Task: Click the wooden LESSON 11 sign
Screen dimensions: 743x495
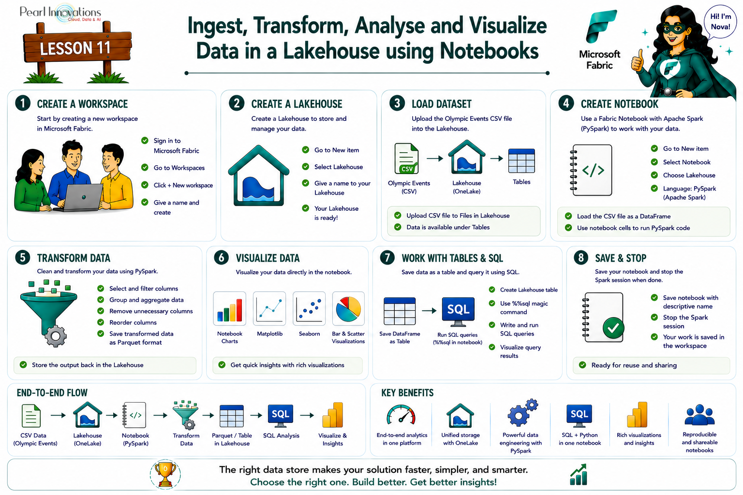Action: pos(77,48)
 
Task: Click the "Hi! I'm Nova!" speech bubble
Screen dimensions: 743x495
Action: pos(720,22)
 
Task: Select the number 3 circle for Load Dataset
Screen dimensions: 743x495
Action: pos(397,103)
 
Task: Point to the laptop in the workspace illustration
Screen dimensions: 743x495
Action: pos(81,198)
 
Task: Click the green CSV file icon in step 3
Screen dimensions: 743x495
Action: pos(406,159)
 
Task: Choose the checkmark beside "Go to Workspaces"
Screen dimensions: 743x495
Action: pos(145,167)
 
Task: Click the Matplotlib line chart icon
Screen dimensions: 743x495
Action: pos(269,308)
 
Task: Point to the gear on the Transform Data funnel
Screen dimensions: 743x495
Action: pos(56,336)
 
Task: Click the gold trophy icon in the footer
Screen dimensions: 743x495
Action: pos(165,475)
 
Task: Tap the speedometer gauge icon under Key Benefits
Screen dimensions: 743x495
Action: pos(401,415)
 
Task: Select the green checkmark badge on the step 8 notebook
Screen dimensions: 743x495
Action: pos(613,328)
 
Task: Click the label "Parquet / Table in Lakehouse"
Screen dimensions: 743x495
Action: pos(232,439)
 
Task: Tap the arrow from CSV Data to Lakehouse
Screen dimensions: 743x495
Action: pos(59,415)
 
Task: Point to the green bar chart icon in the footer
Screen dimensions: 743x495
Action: pos(579,474)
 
